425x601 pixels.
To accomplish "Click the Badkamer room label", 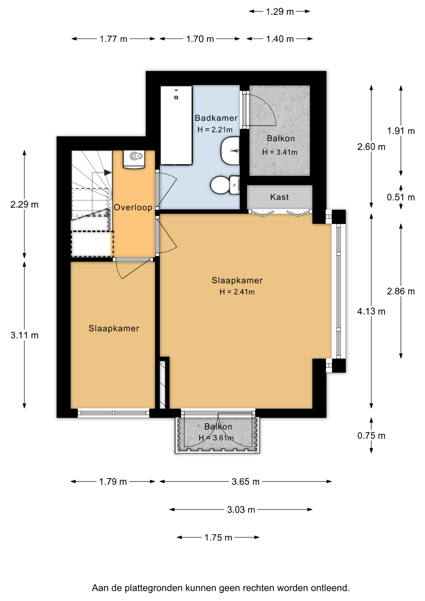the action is (216, 118).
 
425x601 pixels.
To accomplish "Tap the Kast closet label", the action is (279, 197).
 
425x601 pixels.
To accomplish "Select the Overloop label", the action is (133, 207).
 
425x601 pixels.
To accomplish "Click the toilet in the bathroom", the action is (225, 185).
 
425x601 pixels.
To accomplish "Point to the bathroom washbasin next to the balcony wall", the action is (230, 151).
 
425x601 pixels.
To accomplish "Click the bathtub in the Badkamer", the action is (176, 125).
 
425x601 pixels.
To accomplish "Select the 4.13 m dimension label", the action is (371, 311).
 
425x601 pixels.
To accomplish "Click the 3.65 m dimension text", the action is (246, 481).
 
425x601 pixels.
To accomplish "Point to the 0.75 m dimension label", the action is (371, 435).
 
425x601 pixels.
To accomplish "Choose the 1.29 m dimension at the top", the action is (280, 12).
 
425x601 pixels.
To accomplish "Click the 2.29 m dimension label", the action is (24, 204).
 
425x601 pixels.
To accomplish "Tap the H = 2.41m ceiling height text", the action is (237, 292).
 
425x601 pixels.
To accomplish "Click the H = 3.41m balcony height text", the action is (280, 152).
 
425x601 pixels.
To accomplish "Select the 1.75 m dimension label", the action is (218, 537).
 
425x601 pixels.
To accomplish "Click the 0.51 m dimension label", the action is (401, 197).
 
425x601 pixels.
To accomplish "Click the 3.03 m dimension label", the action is (241, 510).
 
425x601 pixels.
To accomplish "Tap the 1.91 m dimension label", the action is (401, 131).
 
